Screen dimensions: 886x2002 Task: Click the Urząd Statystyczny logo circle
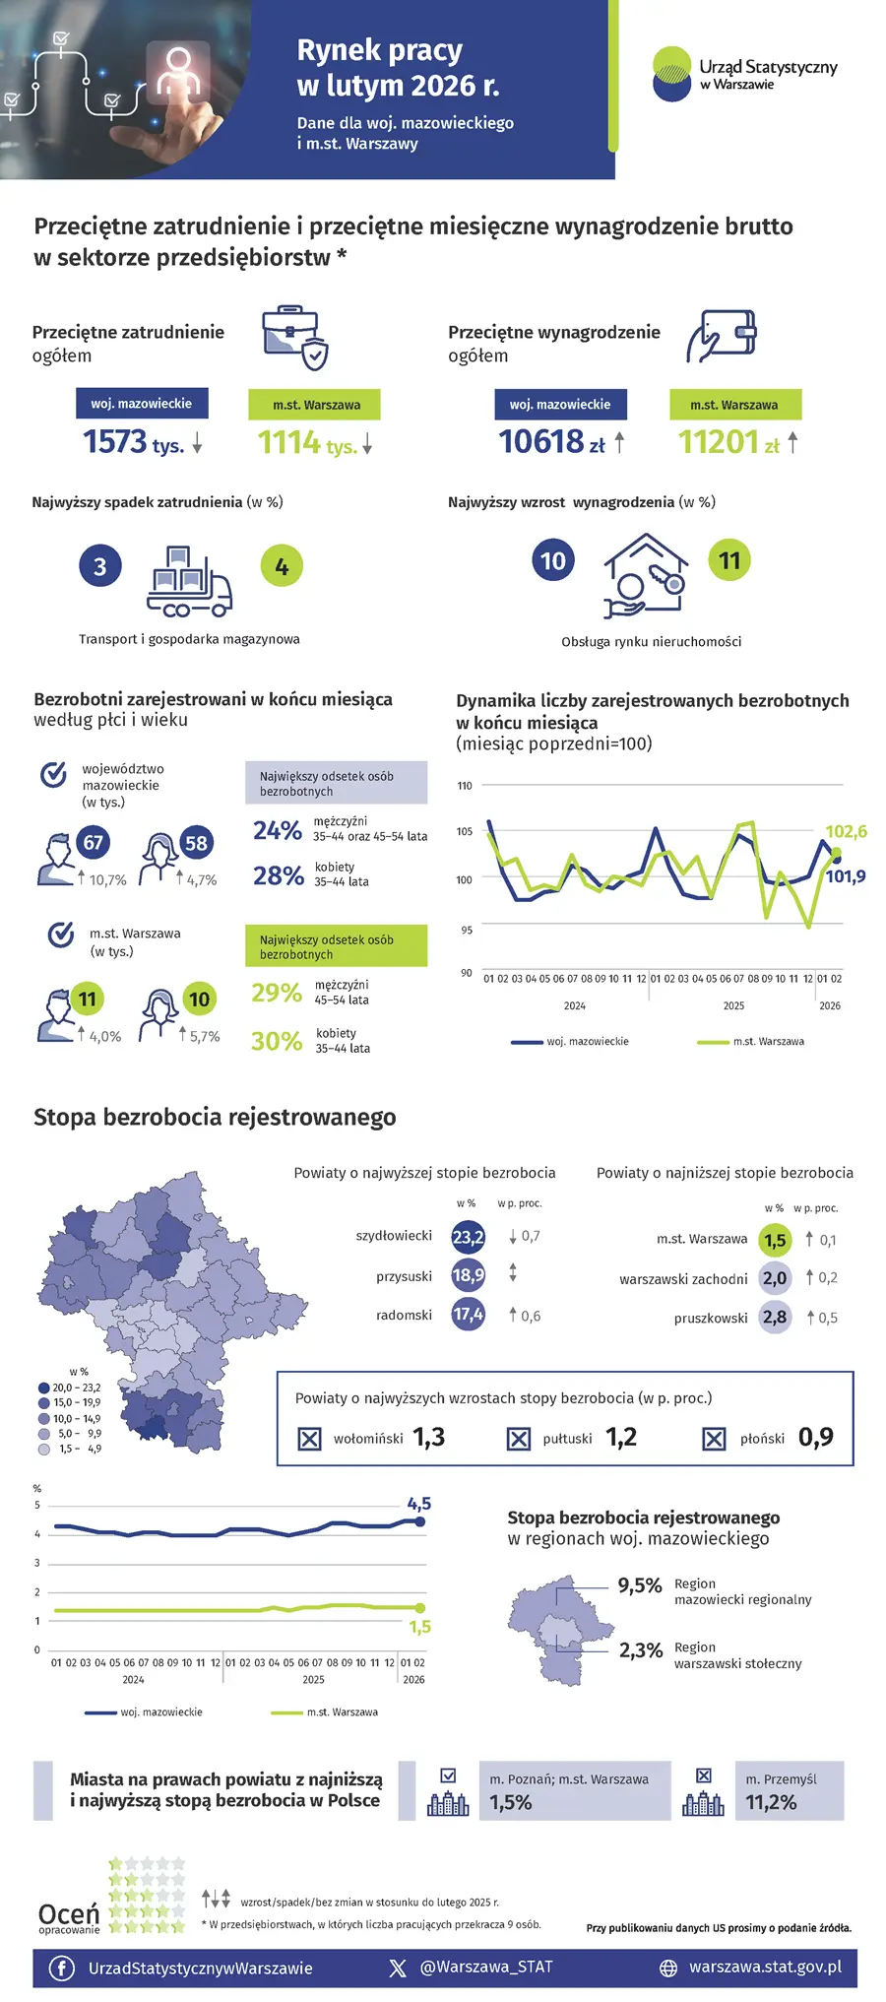coord(672,74)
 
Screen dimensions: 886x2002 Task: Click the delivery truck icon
coord(189,582)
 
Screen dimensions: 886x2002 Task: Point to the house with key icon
coord(645,575)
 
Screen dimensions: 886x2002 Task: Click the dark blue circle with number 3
coord(99,566)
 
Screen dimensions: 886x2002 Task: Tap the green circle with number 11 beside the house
coord(729,560)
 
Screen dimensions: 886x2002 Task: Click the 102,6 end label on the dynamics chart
coord(846,832)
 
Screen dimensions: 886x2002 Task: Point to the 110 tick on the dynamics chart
coord(465,786)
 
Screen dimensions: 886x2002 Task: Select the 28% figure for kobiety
coord(279,875)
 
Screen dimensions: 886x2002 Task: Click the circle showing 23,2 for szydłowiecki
coord(468,1238)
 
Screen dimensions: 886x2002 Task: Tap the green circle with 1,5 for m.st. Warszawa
coord(776,1241)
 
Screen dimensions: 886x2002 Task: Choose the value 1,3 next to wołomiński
coord(429,1438)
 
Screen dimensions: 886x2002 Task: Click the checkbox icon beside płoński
coord(714,1440)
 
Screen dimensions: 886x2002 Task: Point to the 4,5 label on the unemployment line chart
coord(419,1504)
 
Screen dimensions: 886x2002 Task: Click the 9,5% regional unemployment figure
coord(640,1585)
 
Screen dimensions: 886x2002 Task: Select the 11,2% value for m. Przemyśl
coord(771,1802)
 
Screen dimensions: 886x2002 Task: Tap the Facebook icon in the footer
coord(62,1968)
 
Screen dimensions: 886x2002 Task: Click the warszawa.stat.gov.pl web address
coord(765,1967)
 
